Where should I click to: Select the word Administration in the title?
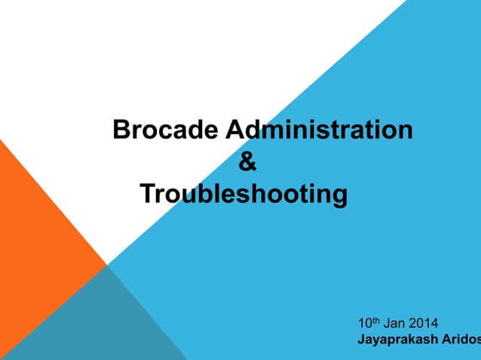319,130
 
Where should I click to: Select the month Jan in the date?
396,325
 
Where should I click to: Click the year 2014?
427,325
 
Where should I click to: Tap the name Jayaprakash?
396,340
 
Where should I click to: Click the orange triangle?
38,226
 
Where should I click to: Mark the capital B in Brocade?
120,130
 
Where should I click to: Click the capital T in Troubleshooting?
147,195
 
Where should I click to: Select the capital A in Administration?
233,130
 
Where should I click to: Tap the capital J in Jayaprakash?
361,340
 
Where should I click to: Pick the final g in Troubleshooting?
340,198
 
